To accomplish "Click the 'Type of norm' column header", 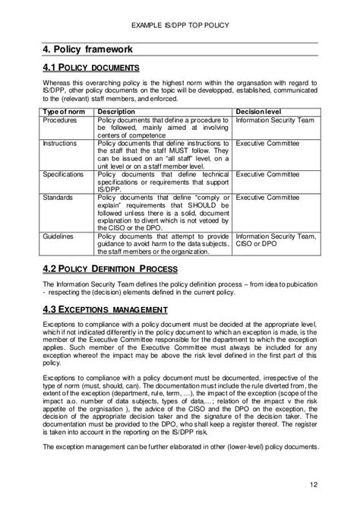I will [x=61, y=111].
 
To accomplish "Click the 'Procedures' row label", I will [x=59, y=120].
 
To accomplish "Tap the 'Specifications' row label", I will [x=63, y=174].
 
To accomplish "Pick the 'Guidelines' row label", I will [x=59, y=236].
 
